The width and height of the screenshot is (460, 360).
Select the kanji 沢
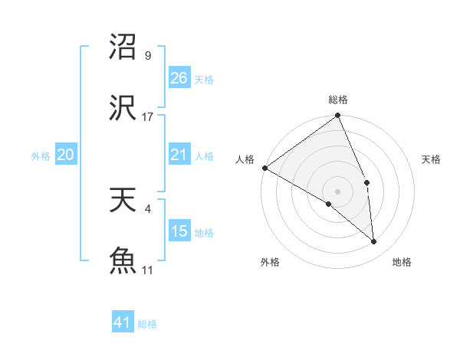[123, 108]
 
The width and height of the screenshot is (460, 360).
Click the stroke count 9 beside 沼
[148, 55]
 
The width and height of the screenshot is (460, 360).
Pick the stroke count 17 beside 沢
[148, 116]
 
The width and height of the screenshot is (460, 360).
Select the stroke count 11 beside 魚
[148, 269]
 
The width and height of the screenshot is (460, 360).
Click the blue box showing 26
[179, 78]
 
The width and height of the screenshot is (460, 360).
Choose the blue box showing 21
[179, 155]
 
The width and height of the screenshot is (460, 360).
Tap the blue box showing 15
[179, 231]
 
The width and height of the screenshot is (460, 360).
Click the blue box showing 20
[66, 155]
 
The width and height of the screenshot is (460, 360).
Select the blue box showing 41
[123, 322]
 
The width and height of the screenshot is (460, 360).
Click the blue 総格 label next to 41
[147, 324]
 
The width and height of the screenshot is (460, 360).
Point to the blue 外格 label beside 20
[41, 156]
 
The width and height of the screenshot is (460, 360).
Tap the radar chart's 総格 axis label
[338, 100]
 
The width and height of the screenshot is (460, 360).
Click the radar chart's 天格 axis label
[432, 159]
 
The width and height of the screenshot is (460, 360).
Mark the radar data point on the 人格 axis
[264, 168]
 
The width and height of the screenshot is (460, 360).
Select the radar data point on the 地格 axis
[373, 241]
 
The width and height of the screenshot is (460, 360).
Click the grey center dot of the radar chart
[337, 191]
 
